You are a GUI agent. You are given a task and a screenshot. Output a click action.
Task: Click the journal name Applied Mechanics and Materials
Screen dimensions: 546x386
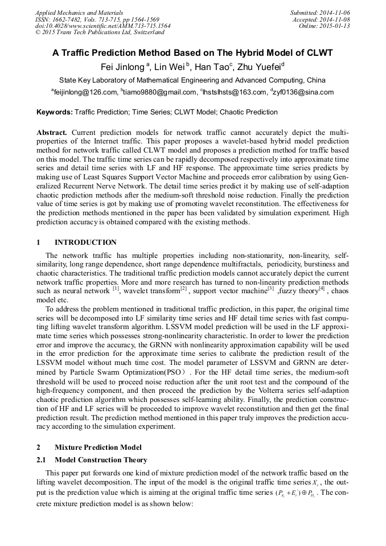[79, 13]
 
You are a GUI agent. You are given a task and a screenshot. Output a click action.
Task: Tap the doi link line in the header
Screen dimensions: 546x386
[102, 26]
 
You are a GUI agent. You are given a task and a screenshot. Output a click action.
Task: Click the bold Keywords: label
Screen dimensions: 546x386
[54, 113]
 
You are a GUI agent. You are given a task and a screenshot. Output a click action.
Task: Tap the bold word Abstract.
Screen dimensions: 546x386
[52, 133]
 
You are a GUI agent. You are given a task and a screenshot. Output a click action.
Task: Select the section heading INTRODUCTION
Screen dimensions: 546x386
[85, 243]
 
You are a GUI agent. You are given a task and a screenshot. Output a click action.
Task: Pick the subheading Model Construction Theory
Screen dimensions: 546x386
[101, 460]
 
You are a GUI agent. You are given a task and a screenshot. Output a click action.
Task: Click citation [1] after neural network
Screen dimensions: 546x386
[116, 289]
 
